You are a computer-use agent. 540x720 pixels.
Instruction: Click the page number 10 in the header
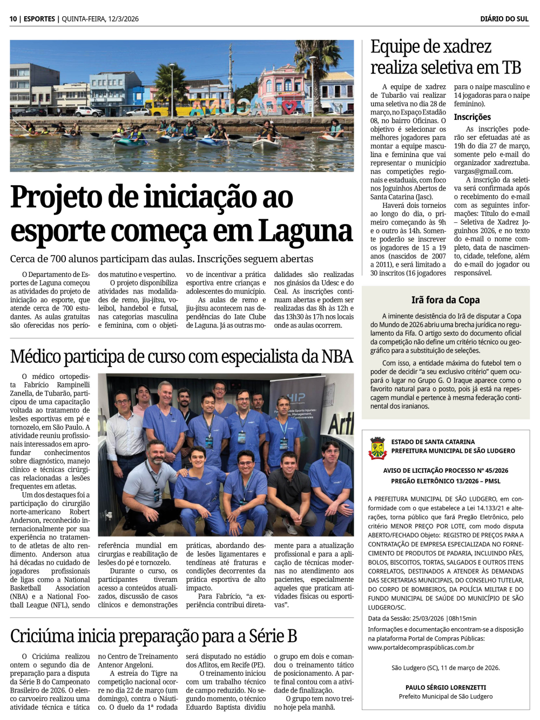click(13, 19)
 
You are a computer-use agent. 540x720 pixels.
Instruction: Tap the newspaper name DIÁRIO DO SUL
click(504, 19)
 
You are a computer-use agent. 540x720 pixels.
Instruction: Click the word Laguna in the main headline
click(305, 231)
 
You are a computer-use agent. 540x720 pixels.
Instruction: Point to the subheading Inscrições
click(472, 117)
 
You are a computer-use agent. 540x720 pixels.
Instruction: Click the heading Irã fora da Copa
click(445, 300)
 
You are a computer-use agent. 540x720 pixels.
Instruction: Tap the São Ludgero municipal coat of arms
click(377, 449)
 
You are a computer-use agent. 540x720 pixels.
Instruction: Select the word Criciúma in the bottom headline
click(41, 636)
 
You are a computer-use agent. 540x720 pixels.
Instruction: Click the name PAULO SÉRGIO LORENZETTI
click(446, 688)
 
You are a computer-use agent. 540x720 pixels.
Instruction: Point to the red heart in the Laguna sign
click(290, 107)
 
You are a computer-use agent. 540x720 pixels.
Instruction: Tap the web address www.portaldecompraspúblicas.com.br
click(421, 648)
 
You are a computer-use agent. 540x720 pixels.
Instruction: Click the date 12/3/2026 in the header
click(123, 19)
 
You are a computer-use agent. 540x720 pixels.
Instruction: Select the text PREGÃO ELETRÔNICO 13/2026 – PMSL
click(446, 481)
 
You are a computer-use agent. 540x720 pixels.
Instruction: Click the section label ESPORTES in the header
click(39, 19)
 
